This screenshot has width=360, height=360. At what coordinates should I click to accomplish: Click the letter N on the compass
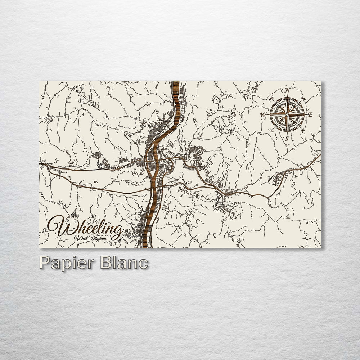[x=287, y=90]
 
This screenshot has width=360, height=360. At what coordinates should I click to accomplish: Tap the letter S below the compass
[x=287, y=138]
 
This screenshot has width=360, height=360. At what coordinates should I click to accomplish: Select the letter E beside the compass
[x=311, y=115]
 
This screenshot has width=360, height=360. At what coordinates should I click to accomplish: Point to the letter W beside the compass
[x=263, y=115]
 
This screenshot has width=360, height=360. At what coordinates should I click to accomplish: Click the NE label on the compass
[x=303, y=99]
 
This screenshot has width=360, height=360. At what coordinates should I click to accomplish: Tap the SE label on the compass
[x=303, y=130]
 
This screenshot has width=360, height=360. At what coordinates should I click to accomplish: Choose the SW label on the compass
[x=271, y=131]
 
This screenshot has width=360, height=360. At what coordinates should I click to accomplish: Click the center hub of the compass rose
[x=287, y=114]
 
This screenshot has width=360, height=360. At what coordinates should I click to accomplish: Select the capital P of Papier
[x=44, y=262]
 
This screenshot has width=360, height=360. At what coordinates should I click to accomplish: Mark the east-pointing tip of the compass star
[x=307, y=114]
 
